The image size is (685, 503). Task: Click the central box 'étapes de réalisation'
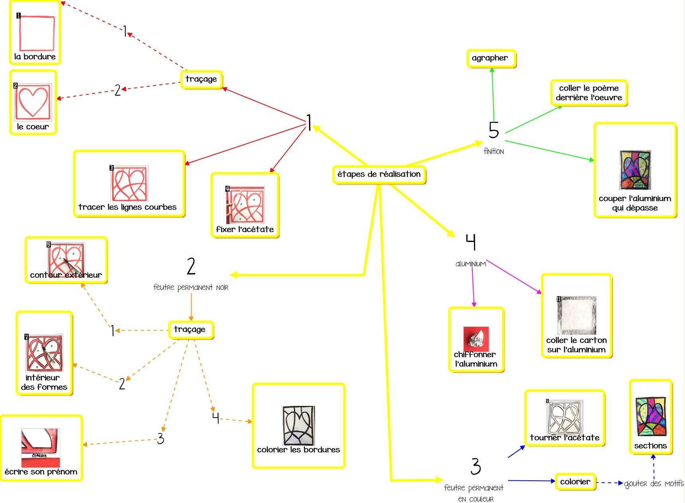(379, 174)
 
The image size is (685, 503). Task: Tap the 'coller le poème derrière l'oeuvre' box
(589, 93)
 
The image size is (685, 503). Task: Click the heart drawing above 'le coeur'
(33, 101)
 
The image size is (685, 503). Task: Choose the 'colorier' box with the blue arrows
(575, 482)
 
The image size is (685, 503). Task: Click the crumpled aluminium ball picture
(476, 339)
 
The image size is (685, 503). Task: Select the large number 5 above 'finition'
(494, 130)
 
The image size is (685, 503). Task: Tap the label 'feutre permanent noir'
(191, 287)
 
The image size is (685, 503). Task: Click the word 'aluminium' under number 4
(470, 264)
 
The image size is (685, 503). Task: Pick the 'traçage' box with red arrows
(201, 79)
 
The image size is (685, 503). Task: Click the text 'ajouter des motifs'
(654, 484)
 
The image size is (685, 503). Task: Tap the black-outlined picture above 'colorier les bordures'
(299, 425)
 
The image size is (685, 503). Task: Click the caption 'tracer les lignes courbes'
(127, 207)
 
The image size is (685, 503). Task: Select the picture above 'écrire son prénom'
(41, 447)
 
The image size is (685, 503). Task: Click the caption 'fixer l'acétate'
(245, 230)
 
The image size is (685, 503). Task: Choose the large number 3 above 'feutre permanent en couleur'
(476, 466)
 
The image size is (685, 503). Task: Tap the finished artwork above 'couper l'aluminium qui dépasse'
(635, 170)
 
